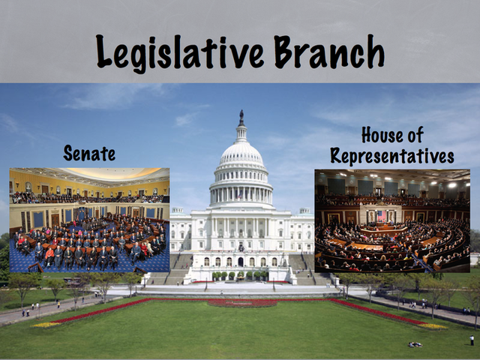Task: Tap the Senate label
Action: (x=89, y=154)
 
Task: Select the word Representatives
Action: (x=392, y=156)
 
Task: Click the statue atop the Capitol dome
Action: (x=241, y=118)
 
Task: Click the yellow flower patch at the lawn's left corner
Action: (x=46, y=325)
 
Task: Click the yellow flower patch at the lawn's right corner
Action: (x=433, y=326)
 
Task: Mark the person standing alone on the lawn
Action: (x=471, y=340)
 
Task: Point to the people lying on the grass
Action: (x=414, y=344)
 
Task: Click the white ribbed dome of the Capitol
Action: (x=241, y=154)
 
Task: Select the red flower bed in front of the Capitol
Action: (x=241, y=303)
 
